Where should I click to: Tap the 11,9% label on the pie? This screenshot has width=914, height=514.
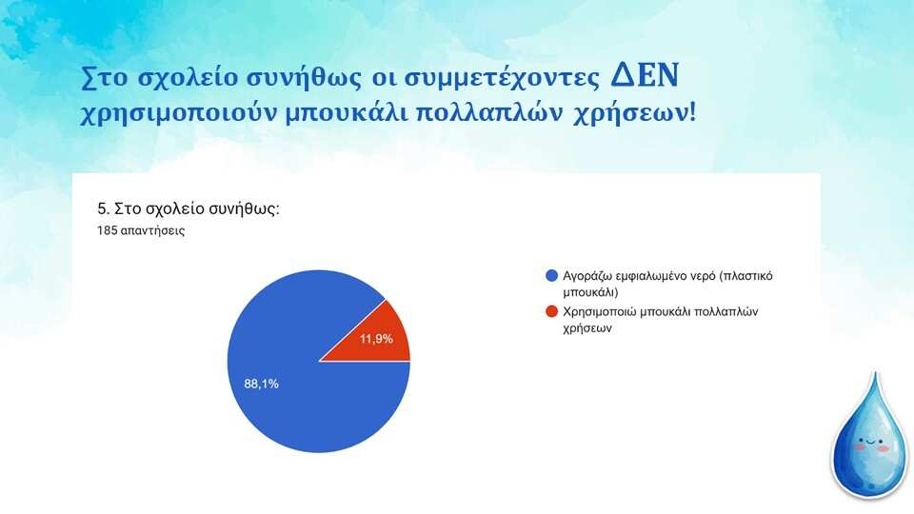coord(376,339)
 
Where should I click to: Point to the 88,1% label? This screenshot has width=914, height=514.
coord(261,384)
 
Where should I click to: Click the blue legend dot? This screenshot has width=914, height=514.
coord(551,276)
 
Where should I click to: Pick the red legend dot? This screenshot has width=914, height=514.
coord(551,311)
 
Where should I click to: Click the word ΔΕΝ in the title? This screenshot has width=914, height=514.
coord(645,76)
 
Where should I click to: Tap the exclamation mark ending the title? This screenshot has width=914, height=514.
coord(692,112)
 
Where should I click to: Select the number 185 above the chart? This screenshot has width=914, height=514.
coord(108,230)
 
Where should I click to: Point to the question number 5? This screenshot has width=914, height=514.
coord(103,208)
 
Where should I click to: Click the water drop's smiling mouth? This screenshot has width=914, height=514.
coord(871,442)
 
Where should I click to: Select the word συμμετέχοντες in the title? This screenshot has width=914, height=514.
coord(502,78)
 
